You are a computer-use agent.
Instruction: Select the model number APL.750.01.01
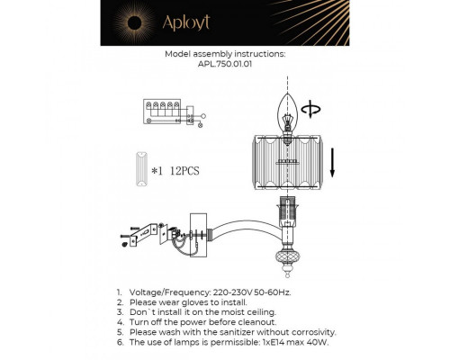[x=225, y=63]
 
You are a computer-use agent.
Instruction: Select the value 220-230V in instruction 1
[x=237, y=293]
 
